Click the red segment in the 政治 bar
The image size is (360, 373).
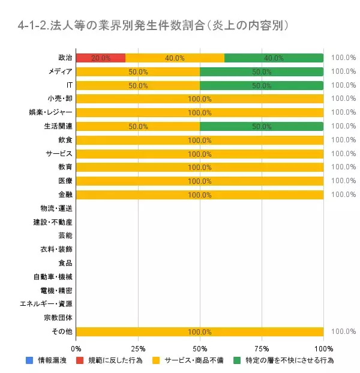[x=101, y=58]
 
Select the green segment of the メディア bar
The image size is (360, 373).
[x=262, y=71]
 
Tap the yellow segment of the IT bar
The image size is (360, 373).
[x=138, y=85]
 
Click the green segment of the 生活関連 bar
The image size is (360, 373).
[x=262, y=126]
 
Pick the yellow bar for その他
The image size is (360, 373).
[x=200, y=332]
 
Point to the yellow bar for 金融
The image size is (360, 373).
[x=200, y=195]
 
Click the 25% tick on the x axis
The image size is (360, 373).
[x=138, y=348]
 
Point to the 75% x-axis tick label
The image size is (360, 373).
[x=262, y=348]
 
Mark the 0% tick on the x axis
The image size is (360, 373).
[x=76, y=348]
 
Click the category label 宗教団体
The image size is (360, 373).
[x=58, y=318]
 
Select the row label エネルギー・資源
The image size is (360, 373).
[x=47, y=304]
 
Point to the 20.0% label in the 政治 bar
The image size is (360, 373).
[x=101, y=58]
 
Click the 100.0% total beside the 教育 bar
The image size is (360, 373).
[x=343, y=167]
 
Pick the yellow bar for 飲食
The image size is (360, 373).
[x=200, y=140]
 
